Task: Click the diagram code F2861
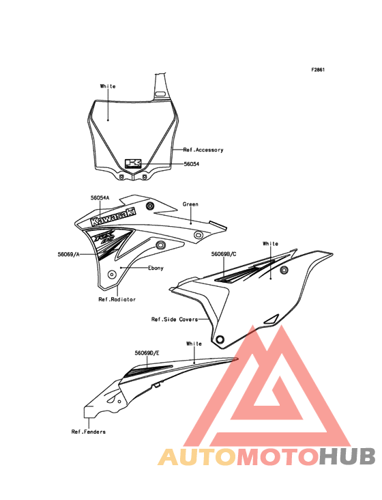[318, 70]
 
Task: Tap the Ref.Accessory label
[203, 150]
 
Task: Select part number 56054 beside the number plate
[192, 164]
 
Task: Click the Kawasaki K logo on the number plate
[133, 163]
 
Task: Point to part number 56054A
[100, 197]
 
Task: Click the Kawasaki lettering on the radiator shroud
[114, 217]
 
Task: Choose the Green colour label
[190, 204]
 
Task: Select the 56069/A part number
[68, 254]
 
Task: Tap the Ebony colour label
[156, 268]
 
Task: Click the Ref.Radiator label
[117, 299]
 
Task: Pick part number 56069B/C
[224, 254]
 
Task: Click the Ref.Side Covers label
[175, 319]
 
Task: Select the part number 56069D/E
[147, 353]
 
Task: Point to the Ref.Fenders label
[89, 432]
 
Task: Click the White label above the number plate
[108, 86]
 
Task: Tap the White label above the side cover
[271, 244]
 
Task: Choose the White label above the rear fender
[194, 344]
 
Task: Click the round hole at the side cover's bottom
[220, 339]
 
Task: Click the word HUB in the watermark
[348, 456]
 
